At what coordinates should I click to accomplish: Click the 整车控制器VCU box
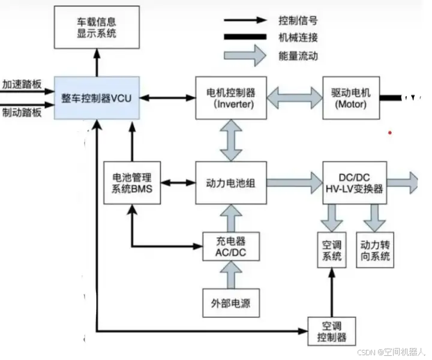(97, 98)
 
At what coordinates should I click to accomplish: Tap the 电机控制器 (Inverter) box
(230, 98)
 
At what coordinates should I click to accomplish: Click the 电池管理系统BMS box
(132, 182)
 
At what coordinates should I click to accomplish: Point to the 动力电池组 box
(230, 182)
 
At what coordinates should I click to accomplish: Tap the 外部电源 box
(231, 302)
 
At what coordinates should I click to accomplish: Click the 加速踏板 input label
(22, 84)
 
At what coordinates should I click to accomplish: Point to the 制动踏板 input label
(22, 112)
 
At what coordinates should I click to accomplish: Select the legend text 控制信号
(298, 20)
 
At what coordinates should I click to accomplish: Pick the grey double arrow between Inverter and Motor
(294, 98)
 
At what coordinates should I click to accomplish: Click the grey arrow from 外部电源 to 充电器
(231, 277)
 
